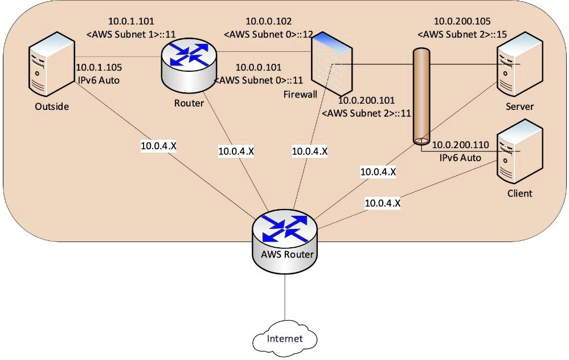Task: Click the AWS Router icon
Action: (284, 237)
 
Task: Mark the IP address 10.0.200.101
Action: (366, 101)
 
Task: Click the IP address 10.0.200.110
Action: (460, 146)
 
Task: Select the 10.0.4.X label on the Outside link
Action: (158, 146)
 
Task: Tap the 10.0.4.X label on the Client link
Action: (382, 202)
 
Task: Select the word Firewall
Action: (300, 95)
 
